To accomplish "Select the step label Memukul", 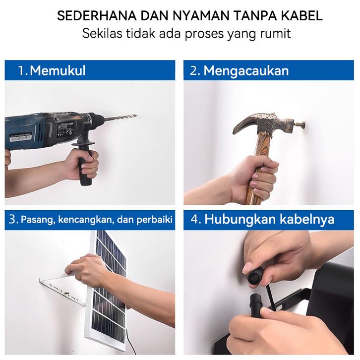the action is (x=58, y=70).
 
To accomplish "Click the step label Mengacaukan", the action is (x=246, y=70).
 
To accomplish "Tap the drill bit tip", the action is (x=136, y=116).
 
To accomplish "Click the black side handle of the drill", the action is (x=84, y=162).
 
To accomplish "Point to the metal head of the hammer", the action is (x=263, y=124).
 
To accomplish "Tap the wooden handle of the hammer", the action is (x=258, y=168).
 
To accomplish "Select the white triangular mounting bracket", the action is (x=62, y=291).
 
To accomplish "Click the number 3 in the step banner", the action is (x=12, y=220).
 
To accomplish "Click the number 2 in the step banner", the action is (x=194, y=71).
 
